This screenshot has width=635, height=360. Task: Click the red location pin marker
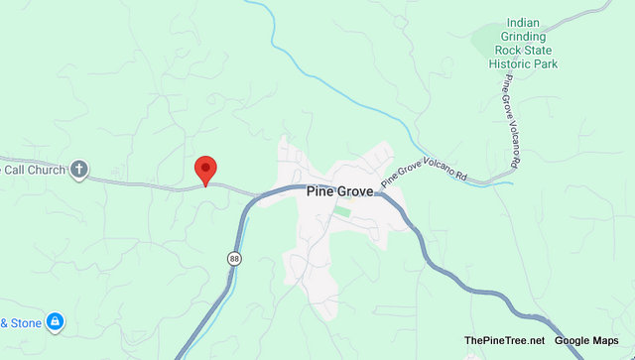205,169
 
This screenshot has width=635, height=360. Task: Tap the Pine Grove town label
339,192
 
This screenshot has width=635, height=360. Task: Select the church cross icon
80,170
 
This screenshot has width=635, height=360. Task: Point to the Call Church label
35,170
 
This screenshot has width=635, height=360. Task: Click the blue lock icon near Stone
56,322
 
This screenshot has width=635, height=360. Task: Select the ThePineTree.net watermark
504,341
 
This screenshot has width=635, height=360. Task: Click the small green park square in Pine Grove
341,211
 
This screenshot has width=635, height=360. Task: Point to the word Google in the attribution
574,341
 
